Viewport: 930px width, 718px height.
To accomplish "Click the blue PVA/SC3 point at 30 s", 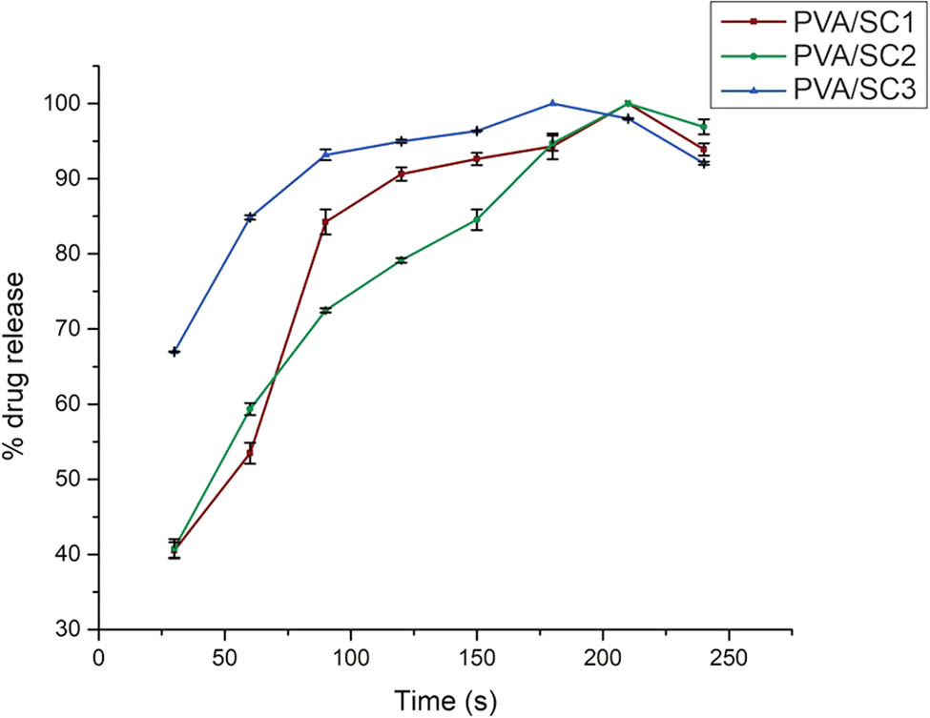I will pos(174,352).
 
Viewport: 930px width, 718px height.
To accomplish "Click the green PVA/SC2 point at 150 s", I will pos(477,219).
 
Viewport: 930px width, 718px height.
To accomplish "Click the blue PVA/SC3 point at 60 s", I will pos(250,217).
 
